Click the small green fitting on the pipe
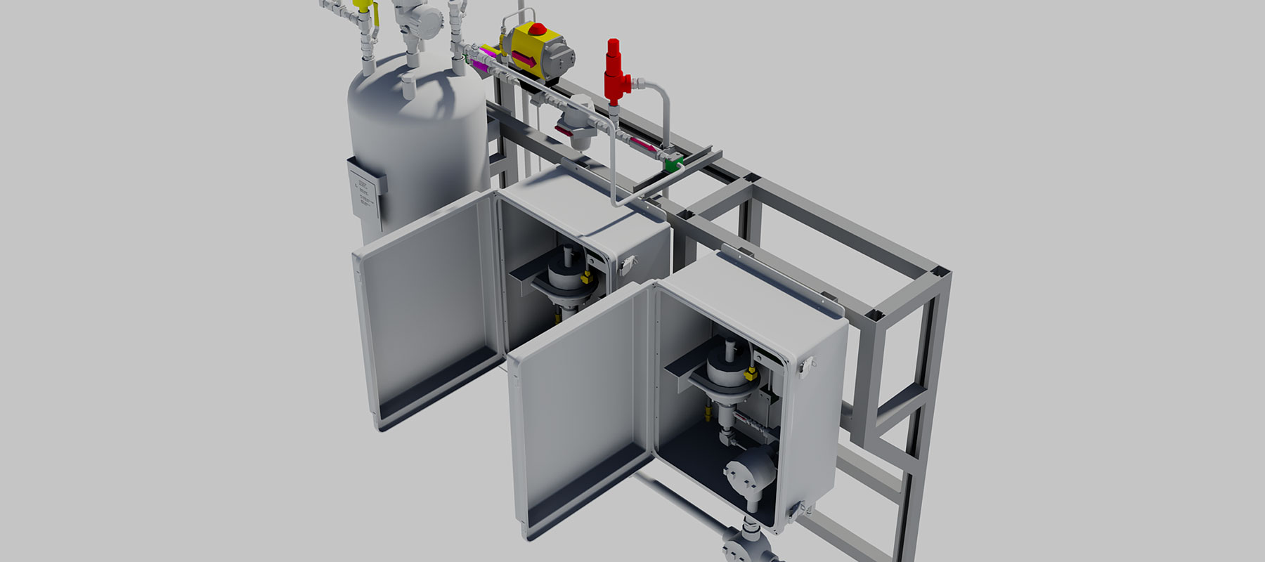pos(674,165)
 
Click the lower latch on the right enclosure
pos(795,511)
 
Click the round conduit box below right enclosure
pos(746,544)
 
